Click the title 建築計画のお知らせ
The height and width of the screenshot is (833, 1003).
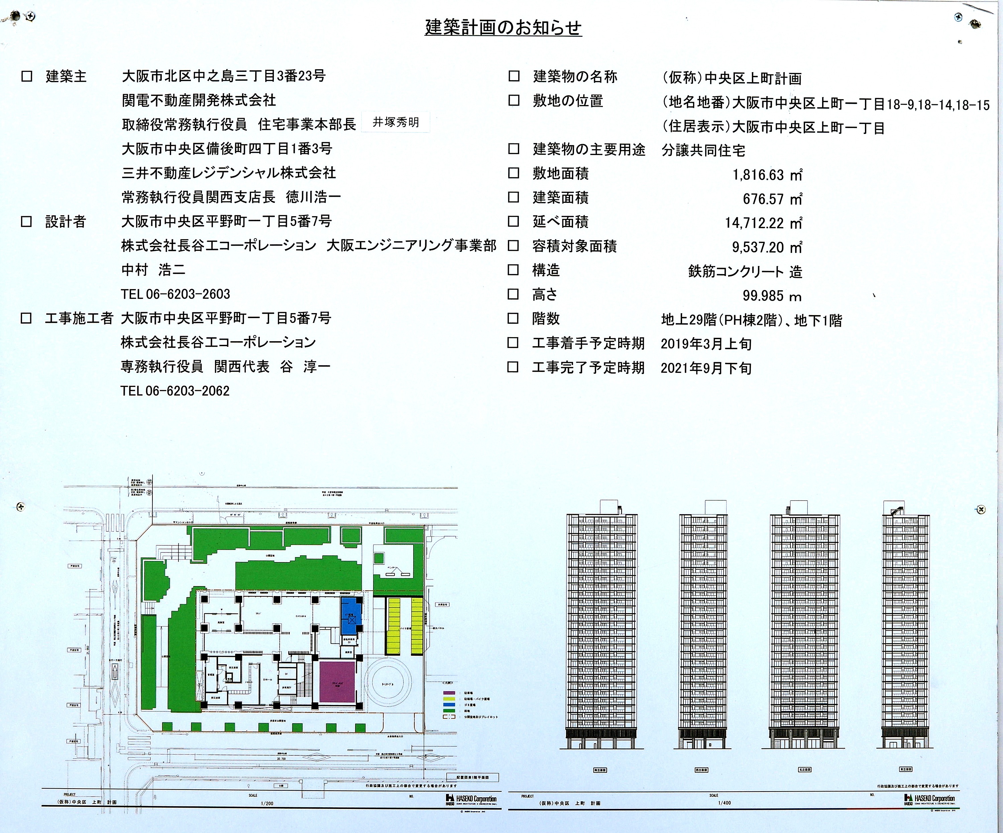coord(503,28)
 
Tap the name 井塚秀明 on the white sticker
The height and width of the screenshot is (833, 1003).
coord(396,122)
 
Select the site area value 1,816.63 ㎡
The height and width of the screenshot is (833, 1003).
coord(767,175)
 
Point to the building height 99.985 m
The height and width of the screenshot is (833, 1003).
coord(771,296)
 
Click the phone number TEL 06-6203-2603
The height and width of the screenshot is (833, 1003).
coord(175,294)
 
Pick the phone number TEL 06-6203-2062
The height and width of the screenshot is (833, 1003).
coord(175,391)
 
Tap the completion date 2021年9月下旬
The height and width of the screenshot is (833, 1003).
coord(706,368)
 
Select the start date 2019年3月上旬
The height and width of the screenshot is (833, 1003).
coord(706,344)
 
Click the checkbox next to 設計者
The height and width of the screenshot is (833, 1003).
coord(27,222)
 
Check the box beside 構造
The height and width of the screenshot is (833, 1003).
coord(513,270)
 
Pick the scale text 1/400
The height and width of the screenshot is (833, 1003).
coord(724,803)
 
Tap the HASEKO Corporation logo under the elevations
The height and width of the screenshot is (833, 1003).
coord(929,799)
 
